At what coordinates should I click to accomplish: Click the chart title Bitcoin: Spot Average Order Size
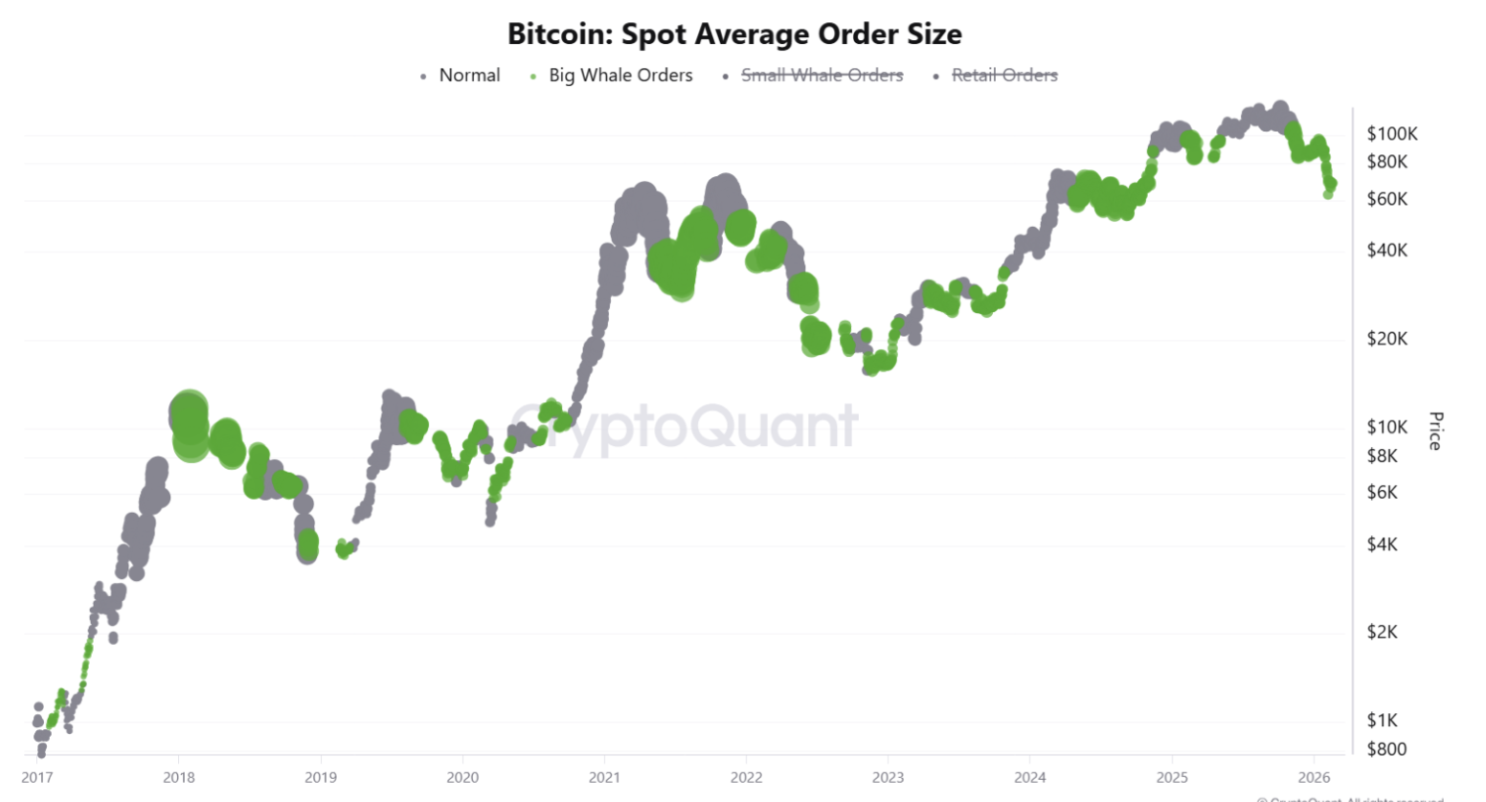coord(734,34)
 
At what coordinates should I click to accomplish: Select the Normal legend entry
coord(469,76)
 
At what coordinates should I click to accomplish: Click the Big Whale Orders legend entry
coord(620,76)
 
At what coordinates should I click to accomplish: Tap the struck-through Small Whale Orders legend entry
coord(822,76)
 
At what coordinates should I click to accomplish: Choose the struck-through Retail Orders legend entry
coord(1004,76)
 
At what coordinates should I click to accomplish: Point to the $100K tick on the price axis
coord(1391,134)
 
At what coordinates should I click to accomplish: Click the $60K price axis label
coord(1387,199)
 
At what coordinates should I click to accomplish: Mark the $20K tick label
coord(1387,339)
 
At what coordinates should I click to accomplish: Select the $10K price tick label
coord(1387,427)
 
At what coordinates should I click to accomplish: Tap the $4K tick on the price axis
coord(1383,545)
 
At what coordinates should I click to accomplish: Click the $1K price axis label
coord(1383,721)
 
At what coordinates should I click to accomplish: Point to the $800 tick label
coord(1386,749)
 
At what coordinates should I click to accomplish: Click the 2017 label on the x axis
coord(37,777)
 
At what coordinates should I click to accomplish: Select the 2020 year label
coord(462,777)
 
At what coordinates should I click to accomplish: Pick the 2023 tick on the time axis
coord(888,777)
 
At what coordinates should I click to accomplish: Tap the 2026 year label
coord(1314,777)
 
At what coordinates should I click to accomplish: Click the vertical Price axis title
coord(1435,431)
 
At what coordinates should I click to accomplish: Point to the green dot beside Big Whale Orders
coord(533,77)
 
